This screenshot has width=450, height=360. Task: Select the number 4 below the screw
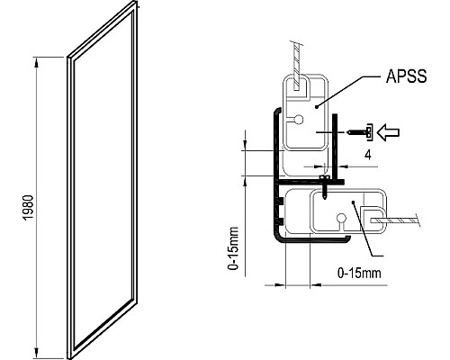coord(368,154)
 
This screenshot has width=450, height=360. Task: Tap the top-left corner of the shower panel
coord(68,59)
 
